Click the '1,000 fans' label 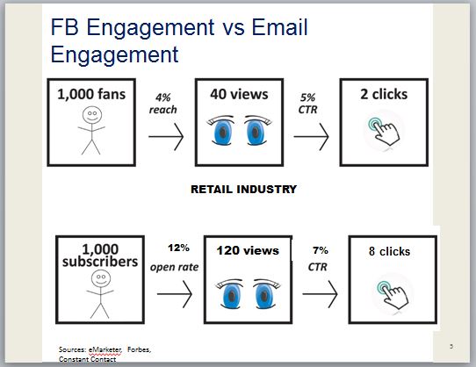click(91, 94)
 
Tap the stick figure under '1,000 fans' click(91, 130)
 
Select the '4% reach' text click(163, 104)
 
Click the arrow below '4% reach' click(166, 137)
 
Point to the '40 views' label click(239, 94)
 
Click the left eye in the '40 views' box click(221, 130)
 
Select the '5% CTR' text click(308, 104)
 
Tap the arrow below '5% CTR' click(311, 137)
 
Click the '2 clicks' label click(384, 94)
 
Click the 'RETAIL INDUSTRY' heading click(244, 189)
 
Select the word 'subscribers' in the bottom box click(100, 262)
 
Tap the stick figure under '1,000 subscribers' click(100, 294)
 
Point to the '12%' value click(178, 248)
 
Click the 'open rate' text click(174, 267)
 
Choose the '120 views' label click(248, 251)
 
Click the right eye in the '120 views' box click(264, 293)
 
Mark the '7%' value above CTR click(321, 250)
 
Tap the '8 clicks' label click(389, 251)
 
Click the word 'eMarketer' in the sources click(105, 350)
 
